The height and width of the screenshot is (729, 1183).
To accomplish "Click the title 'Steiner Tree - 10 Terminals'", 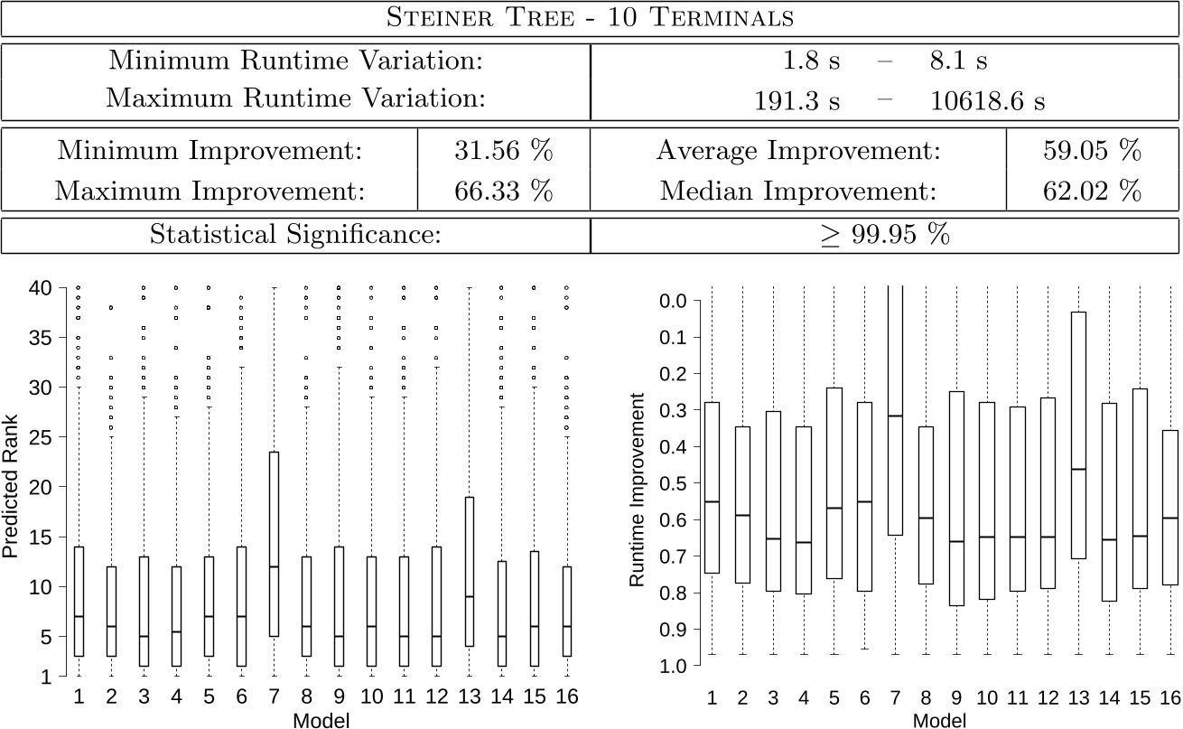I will click(x=590, y=18).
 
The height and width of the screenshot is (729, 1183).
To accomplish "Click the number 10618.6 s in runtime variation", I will click(x=988, y=101).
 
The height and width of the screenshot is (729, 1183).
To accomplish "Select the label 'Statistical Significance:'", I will click(x=295, y=236).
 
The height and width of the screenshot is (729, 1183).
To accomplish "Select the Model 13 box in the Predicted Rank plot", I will click(x=468, y=571).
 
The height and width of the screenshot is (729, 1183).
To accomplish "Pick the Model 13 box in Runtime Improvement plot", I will click(x=1077, y=435).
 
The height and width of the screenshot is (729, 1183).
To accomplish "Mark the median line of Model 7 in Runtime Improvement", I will click(x=894, y=416).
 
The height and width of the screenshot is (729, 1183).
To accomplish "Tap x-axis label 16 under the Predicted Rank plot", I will click(x=566, y=697).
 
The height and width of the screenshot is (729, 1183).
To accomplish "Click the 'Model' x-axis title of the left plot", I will click(x=321, y=720).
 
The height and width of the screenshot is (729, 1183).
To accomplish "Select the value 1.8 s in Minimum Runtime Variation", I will click(x=812, y=61).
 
